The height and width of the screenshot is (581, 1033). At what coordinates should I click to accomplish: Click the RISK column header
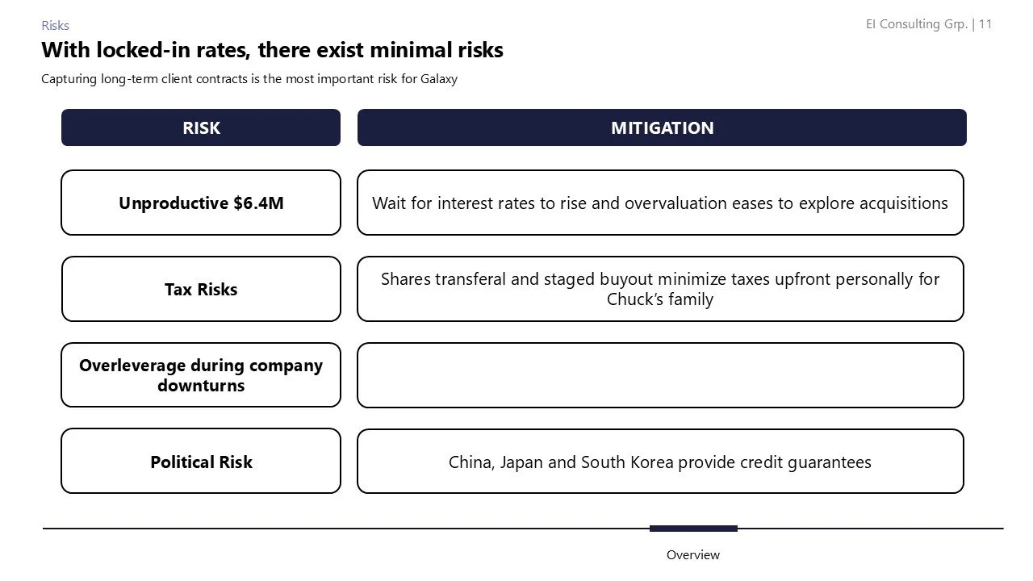tap(201, 128)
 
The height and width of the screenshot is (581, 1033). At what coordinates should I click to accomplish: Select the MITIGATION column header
tap(662, 128)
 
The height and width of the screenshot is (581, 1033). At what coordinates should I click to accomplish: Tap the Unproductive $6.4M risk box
tap(201, 203)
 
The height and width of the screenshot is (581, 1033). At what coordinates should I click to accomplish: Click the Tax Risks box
tap(201, 290)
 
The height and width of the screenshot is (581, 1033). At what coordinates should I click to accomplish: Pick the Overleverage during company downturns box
tap(201, 375)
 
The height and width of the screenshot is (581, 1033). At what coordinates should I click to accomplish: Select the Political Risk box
tap(201, 462)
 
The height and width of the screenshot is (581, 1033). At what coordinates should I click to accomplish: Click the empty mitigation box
tap(660, 375)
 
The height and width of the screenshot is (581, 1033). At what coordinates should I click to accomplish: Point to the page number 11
tap(985, 24)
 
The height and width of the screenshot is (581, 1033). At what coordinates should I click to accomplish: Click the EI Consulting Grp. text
tap(916, 24)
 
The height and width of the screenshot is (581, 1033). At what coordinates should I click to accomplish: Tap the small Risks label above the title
tap(56, 26)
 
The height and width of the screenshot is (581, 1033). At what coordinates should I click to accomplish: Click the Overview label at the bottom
tap(692, 555)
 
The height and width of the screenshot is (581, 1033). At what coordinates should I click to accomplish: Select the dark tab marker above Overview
tap(693, 529)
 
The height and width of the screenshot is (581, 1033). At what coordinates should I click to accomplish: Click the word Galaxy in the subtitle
tap(438, 79)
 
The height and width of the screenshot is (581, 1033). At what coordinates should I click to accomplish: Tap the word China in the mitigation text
tap(469, 462)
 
